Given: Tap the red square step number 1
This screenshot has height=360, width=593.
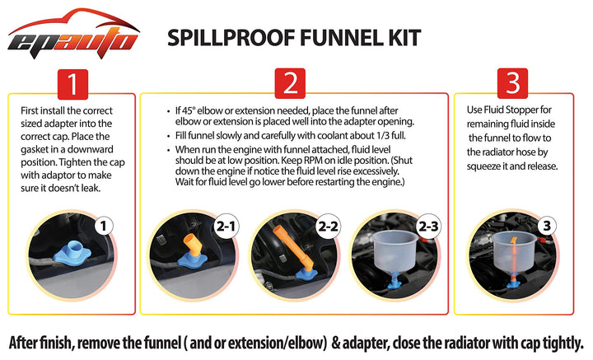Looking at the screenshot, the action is (72, 84).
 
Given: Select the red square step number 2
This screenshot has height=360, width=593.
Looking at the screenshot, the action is (290, 83).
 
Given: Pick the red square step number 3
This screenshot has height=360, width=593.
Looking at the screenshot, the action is (513, 83).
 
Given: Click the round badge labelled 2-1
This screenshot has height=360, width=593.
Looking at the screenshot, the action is (226, 227).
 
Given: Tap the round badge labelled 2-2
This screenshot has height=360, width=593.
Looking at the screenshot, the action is (328, 227).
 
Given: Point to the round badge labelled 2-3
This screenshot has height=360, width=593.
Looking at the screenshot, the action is (429, 227).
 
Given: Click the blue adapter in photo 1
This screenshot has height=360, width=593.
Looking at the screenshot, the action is (72, 253).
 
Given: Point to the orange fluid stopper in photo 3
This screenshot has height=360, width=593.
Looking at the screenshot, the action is (514, 261).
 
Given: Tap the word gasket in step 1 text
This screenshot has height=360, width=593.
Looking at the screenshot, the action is (35, 150).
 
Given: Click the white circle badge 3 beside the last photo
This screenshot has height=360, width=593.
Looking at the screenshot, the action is (547, 227).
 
